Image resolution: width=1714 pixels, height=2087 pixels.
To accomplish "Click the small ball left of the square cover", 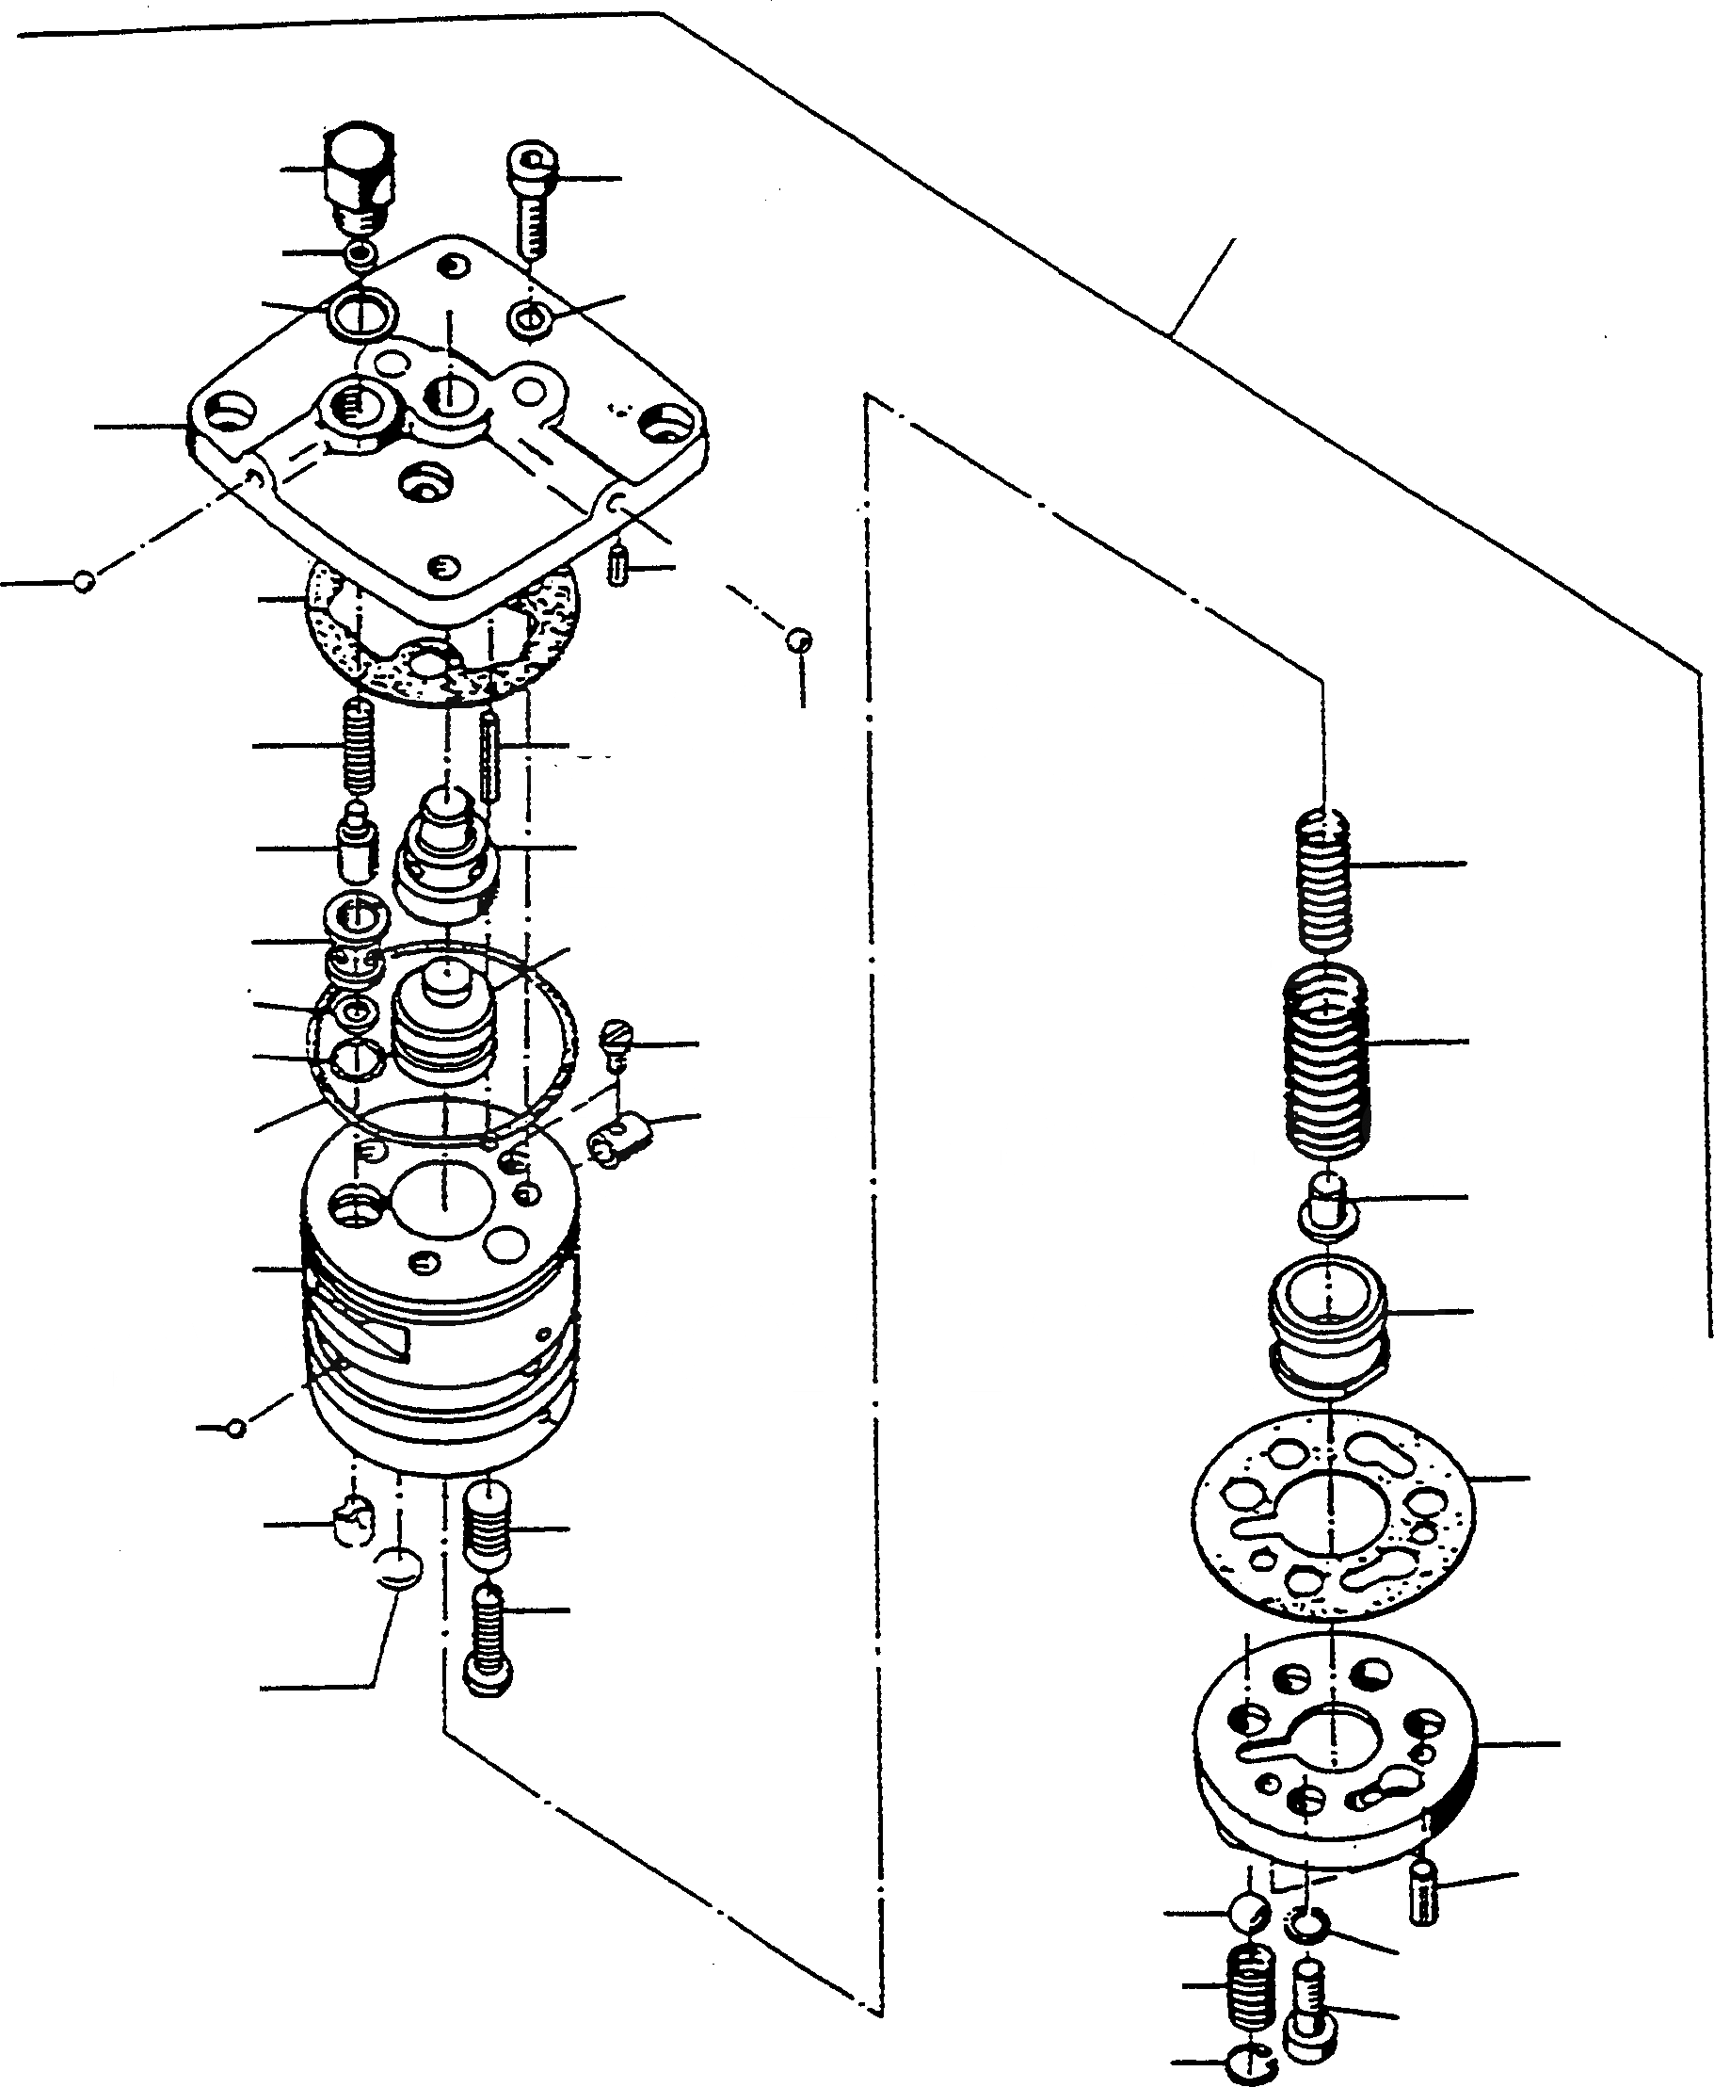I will point(84,582).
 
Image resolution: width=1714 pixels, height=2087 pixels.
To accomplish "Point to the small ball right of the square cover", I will point(799,640).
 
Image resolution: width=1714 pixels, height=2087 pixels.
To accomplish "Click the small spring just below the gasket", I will point(360,746).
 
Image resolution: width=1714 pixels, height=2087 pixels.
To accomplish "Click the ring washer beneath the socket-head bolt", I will point(530,318).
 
